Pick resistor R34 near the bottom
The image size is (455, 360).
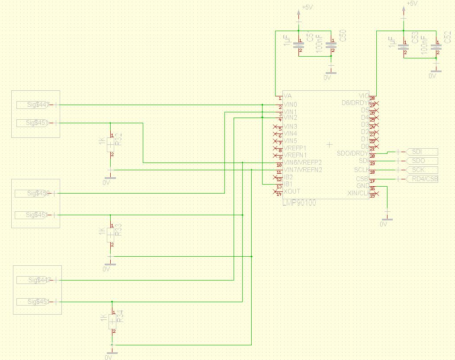112,321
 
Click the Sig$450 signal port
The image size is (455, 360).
38,193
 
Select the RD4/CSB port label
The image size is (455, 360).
422,179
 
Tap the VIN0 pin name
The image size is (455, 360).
290,105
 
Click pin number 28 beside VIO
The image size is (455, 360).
372,99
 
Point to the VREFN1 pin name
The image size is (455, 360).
295,155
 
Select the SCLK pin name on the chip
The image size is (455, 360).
361,170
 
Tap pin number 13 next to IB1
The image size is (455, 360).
279,187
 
